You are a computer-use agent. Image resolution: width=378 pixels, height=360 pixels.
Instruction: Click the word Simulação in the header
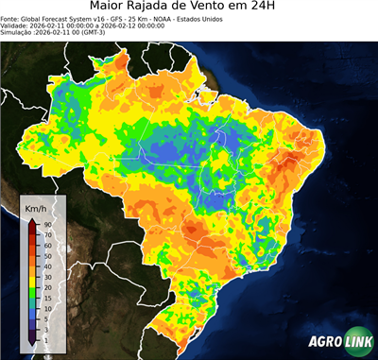(18, 33)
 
